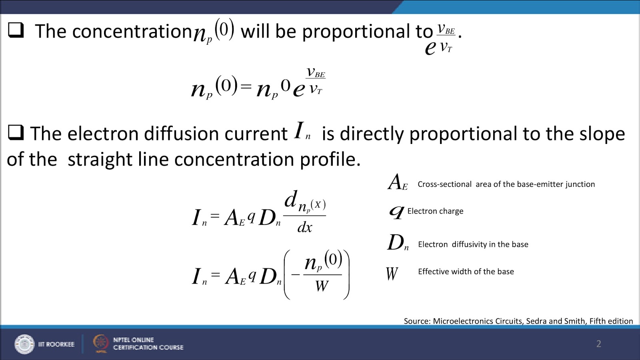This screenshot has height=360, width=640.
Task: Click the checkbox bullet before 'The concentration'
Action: (16, 30)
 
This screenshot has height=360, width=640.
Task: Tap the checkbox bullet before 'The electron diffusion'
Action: (16, 132)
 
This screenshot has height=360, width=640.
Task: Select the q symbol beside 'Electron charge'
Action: (396, 212)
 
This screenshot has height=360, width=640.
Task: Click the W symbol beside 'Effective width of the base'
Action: (392, 274)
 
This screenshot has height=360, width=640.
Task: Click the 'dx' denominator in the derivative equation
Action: (305, 227)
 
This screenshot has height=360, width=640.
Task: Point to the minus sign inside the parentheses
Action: (296, 275)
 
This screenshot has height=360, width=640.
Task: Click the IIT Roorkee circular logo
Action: (24, 344)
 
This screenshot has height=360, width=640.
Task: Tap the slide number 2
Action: (598, 344)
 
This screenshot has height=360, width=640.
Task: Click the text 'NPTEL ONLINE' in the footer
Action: (133, 340)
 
